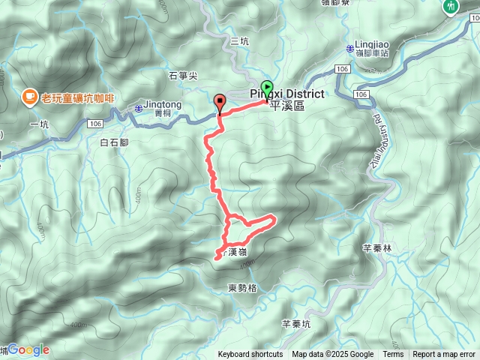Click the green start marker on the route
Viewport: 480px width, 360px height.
click(266, 88)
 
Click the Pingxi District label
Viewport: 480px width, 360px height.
click(286, 94)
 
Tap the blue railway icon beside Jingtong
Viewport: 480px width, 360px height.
click(139, 109)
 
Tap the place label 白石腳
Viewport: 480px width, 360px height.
click(115, 141)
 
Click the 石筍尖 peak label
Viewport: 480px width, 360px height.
click(183, 75)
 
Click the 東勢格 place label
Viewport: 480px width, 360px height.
click(241, 287)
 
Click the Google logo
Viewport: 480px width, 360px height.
click(28, 349)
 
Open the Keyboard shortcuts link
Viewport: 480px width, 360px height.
click(250, 355)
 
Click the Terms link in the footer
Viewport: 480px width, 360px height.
click(393, 355)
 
